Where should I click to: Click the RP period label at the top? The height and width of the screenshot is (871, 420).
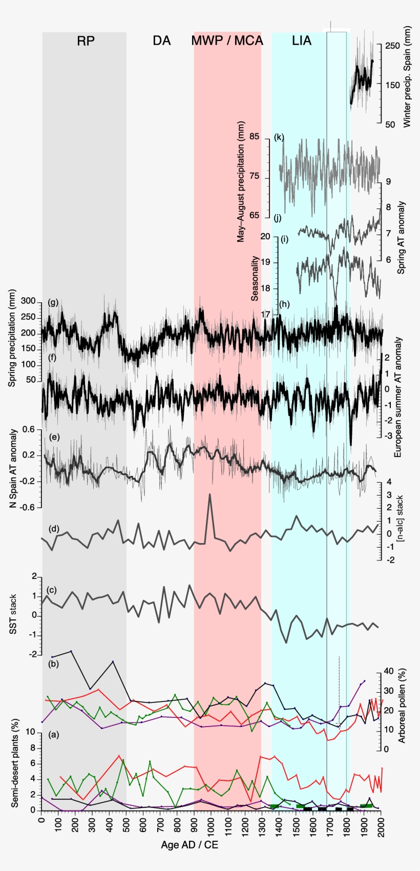(x=86, y=41)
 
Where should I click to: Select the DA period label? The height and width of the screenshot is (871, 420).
(x=161, y=41)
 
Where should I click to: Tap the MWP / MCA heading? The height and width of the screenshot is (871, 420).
(x=227, y=41)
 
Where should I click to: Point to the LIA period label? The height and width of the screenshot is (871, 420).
(x=302, y=41)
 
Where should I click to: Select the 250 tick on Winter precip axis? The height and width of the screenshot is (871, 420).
(x=392, y=46)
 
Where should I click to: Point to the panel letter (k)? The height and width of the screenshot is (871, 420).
(x=279, y=137)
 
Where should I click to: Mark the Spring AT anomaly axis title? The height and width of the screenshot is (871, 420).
(x=401, y=237)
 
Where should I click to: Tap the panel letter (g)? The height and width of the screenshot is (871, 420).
(x=53, y=302)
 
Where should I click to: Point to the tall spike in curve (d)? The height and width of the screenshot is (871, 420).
(x=209, y=494)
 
